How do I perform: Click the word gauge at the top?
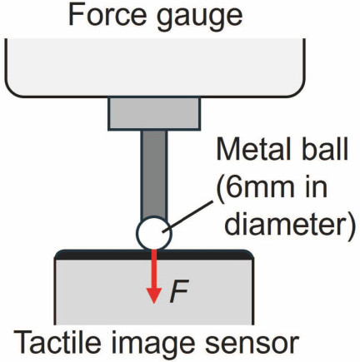(200, 17)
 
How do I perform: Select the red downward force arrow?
(154, 276)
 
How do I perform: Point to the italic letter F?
(178, 291)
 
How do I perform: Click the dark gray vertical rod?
(154, 174)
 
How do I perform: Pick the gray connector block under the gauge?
(154, 113)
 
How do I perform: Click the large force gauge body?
(155, 68)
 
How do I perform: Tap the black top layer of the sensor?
(154, 255)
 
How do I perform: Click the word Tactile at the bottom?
(57, 342)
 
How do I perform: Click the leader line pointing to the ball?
(187, 217)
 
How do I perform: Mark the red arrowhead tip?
(154, 303)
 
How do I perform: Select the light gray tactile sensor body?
(154, 292)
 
